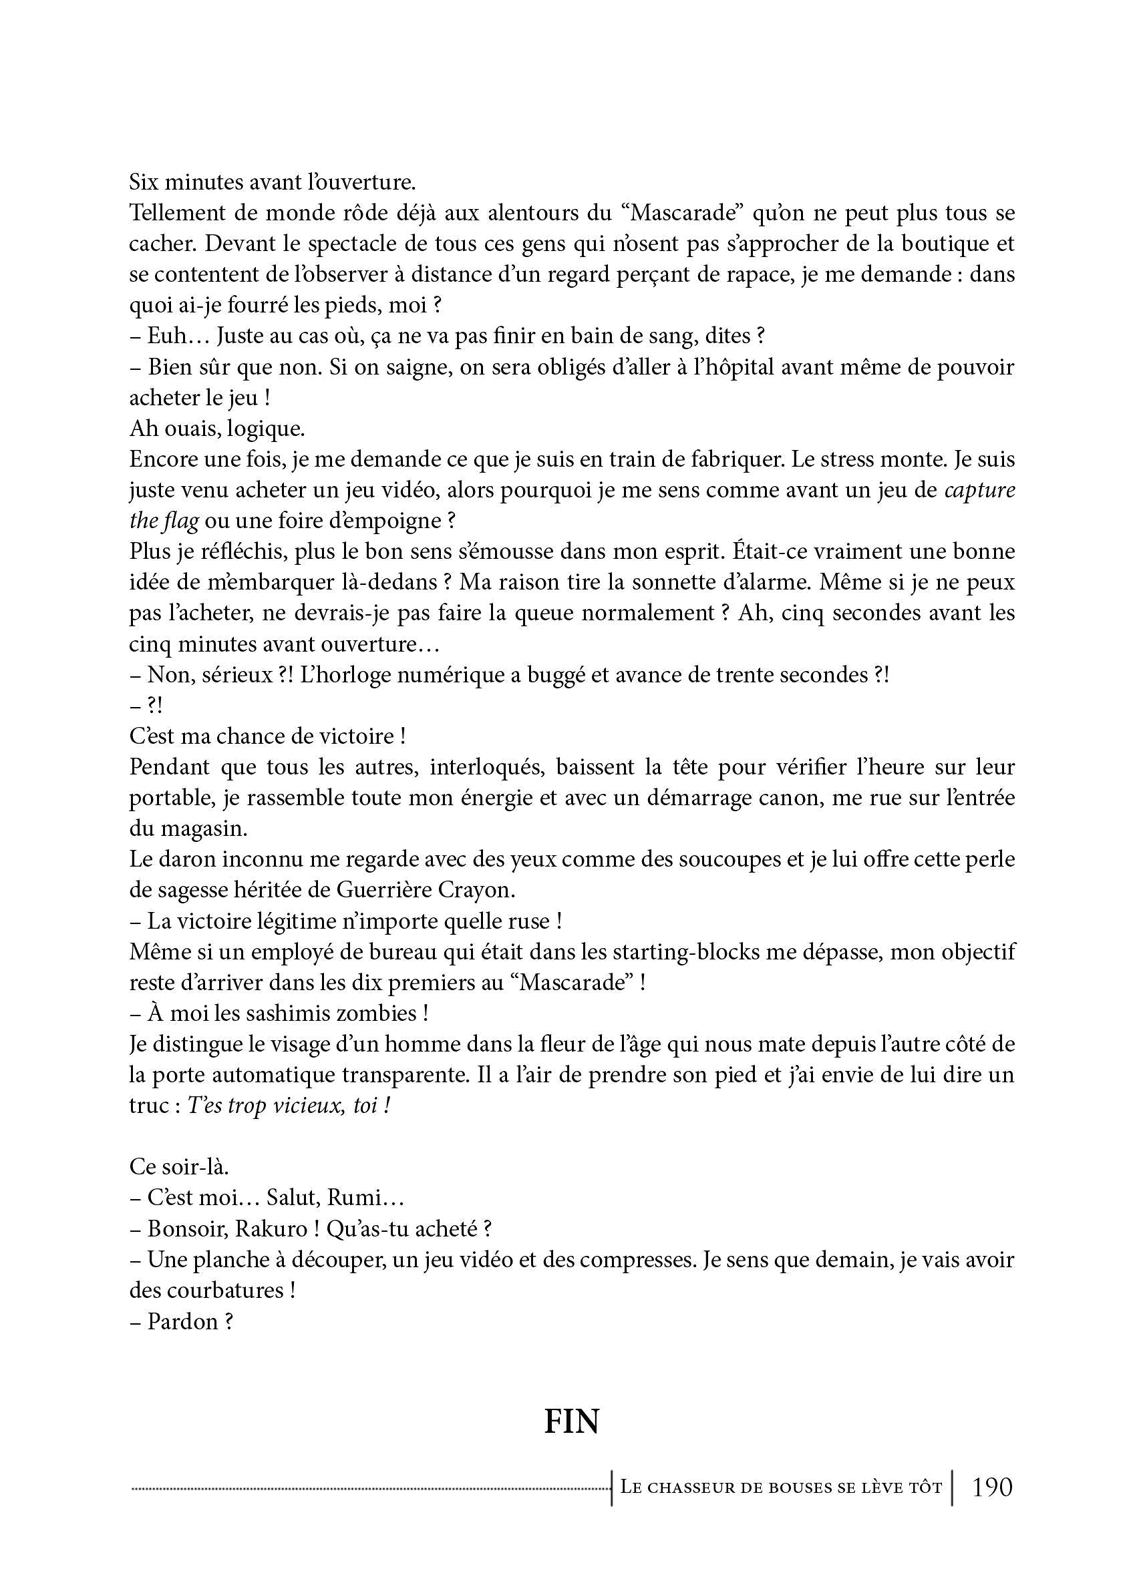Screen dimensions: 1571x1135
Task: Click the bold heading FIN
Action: (571, 1421)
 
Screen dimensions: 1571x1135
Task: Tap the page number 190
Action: (992, 1486)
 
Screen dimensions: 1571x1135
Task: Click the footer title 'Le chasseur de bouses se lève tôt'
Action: (781, 1487)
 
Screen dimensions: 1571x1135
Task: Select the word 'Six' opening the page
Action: (144, 182)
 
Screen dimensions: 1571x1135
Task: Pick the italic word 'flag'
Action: (182, 521)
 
